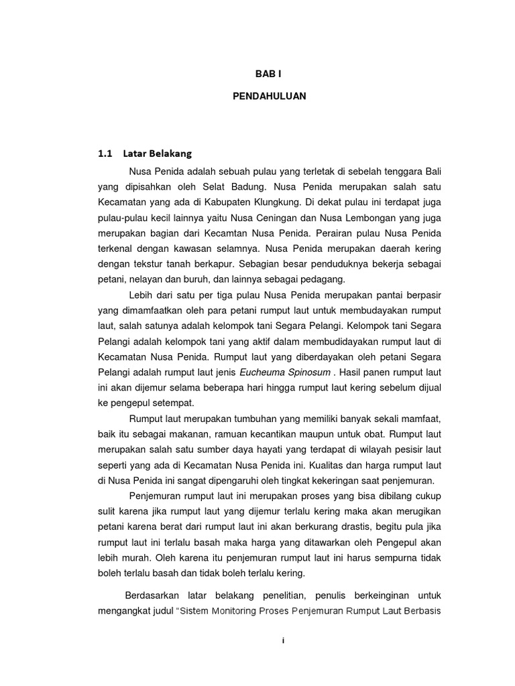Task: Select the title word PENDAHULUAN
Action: click(269, 96)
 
